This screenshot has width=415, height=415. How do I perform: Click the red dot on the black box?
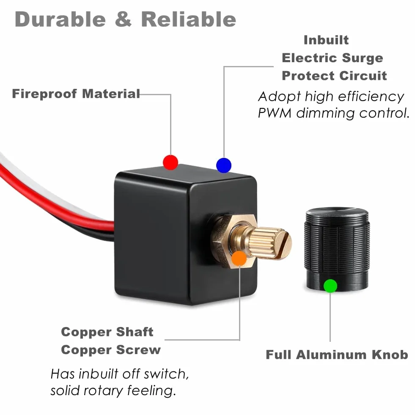tap(170, 162)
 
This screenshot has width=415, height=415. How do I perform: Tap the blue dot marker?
tap(224, 165)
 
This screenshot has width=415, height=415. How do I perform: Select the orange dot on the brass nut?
tap(239, 258)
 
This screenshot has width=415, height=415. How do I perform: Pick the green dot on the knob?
tap(330, 286)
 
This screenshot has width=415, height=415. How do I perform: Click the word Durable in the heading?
tap(60, 19)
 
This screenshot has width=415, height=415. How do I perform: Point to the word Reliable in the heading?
tap(188, 19)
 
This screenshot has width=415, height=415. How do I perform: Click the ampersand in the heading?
tap(124, 19)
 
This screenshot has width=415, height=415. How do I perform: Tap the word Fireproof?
tap(44, 94)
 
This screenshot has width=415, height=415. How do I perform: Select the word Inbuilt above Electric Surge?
tap(326, 40)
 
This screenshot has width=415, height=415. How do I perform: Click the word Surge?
tap(362, 58)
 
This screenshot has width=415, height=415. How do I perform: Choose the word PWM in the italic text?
tap(275, 113)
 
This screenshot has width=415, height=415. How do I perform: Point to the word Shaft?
tap(135, 332)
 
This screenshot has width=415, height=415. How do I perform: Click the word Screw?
tap(138, 350)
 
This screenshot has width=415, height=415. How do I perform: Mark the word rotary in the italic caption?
tap(104, 391)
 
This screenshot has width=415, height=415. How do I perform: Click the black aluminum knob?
tap(337, 250)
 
